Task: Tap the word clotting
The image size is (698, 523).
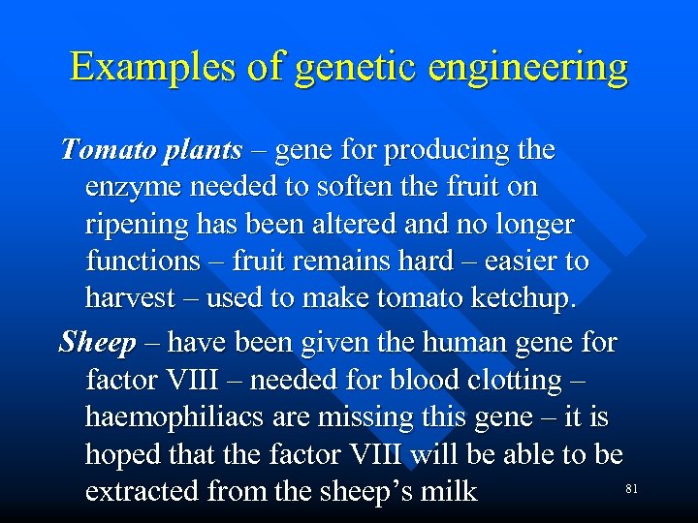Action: pyautogui.click(x=527, y=381)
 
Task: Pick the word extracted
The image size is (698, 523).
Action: pyautogui.click(x=142, y=492)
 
